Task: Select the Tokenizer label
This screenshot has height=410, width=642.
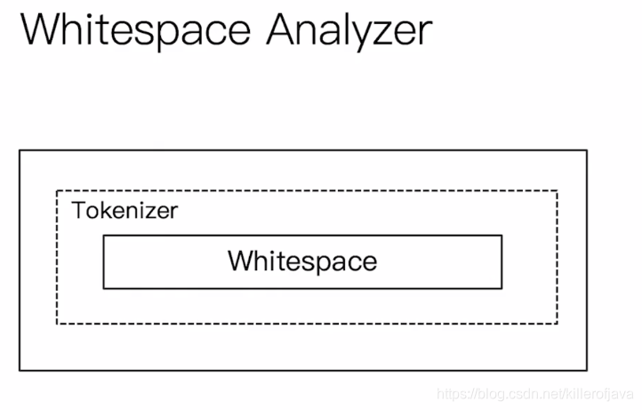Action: click(125, 212)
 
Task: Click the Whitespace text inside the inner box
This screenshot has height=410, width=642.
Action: click(302, 261)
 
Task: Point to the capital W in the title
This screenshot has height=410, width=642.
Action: click(40, 29)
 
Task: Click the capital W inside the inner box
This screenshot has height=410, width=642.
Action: click(240, 261)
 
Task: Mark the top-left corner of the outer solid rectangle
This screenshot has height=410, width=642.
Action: click(20, 150)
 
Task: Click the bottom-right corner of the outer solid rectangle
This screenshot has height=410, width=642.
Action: click(587, 369)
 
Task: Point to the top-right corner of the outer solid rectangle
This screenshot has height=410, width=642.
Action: click(587, 150)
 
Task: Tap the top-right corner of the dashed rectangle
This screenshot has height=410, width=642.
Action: click(558, 190)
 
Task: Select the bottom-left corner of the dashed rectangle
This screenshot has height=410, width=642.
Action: click(57, 324)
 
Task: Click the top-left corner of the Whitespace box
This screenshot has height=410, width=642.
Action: click(103, 236)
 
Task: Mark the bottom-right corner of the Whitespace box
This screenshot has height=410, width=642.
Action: click(502, 288)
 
